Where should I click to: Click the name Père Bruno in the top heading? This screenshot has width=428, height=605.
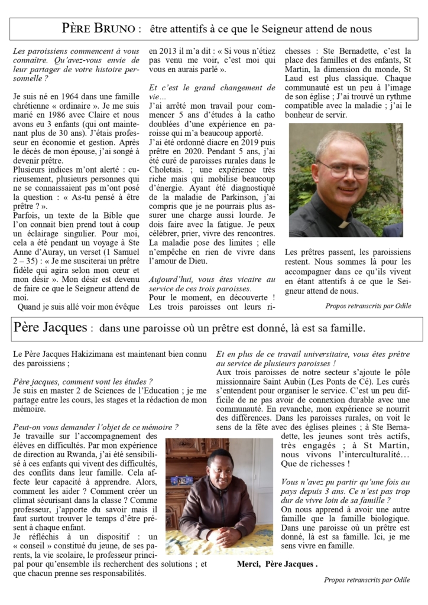(101, 28)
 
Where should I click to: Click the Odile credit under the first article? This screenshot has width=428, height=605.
(367, 306)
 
